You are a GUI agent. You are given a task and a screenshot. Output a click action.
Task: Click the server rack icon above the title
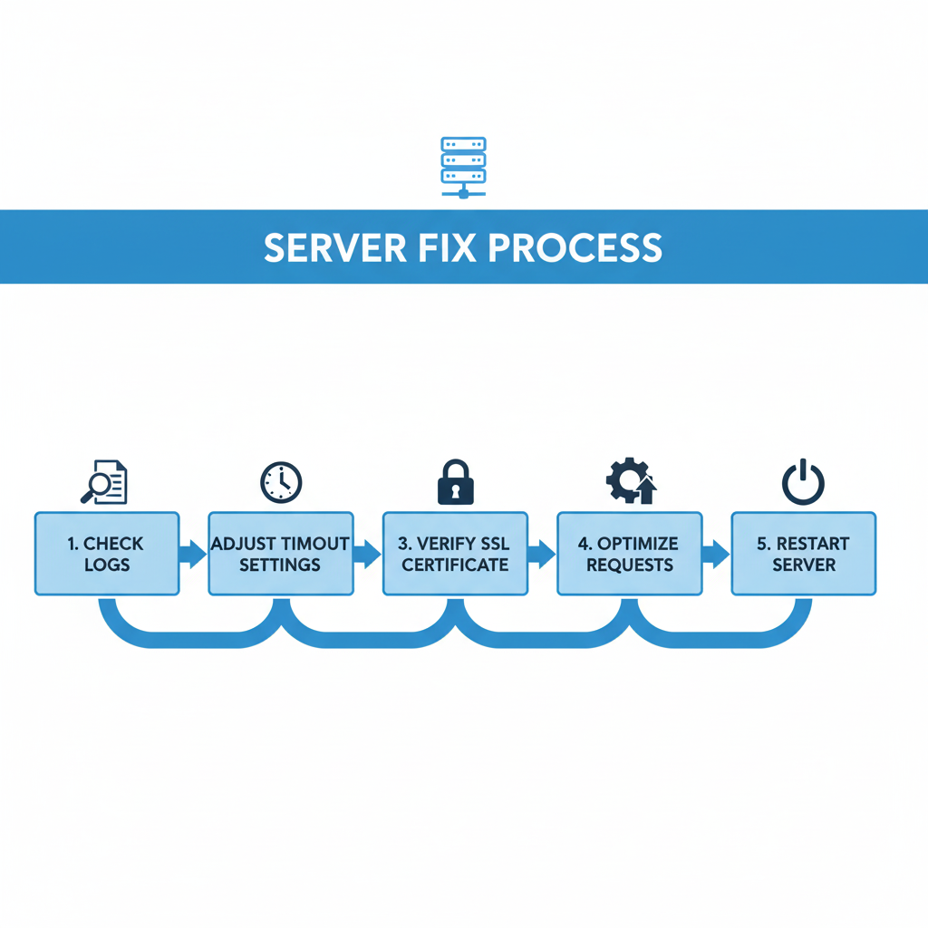point(463,167)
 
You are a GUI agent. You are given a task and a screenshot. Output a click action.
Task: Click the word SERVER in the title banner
point(333,247)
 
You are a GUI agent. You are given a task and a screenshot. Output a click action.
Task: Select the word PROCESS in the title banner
point(578,247)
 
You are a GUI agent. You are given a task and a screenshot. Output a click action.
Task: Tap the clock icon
point(281,483)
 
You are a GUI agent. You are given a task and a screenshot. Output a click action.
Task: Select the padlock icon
point(455,482)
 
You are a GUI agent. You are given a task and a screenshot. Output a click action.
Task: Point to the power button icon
point(803,482)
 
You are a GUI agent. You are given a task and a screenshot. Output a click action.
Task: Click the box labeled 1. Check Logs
point(107,554)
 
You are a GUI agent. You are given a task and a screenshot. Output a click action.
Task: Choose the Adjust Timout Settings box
point(281,554)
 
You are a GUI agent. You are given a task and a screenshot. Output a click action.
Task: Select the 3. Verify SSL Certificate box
point(455,554)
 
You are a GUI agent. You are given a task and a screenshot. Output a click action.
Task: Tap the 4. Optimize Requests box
point(630,554)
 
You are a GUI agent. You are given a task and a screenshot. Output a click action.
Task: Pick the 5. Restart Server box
point(804,554)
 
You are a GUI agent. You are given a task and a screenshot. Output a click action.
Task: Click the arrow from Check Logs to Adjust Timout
point(193,554)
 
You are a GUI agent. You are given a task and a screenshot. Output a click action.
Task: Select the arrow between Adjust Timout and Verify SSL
point(367,554)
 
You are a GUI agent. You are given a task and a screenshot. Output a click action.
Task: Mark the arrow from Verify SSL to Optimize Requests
point(541,554)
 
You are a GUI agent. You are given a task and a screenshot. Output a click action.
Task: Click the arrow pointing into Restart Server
point(716,554)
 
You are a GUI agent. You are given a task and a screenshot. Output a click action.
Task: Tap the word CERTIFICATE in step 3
point(455,565)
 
